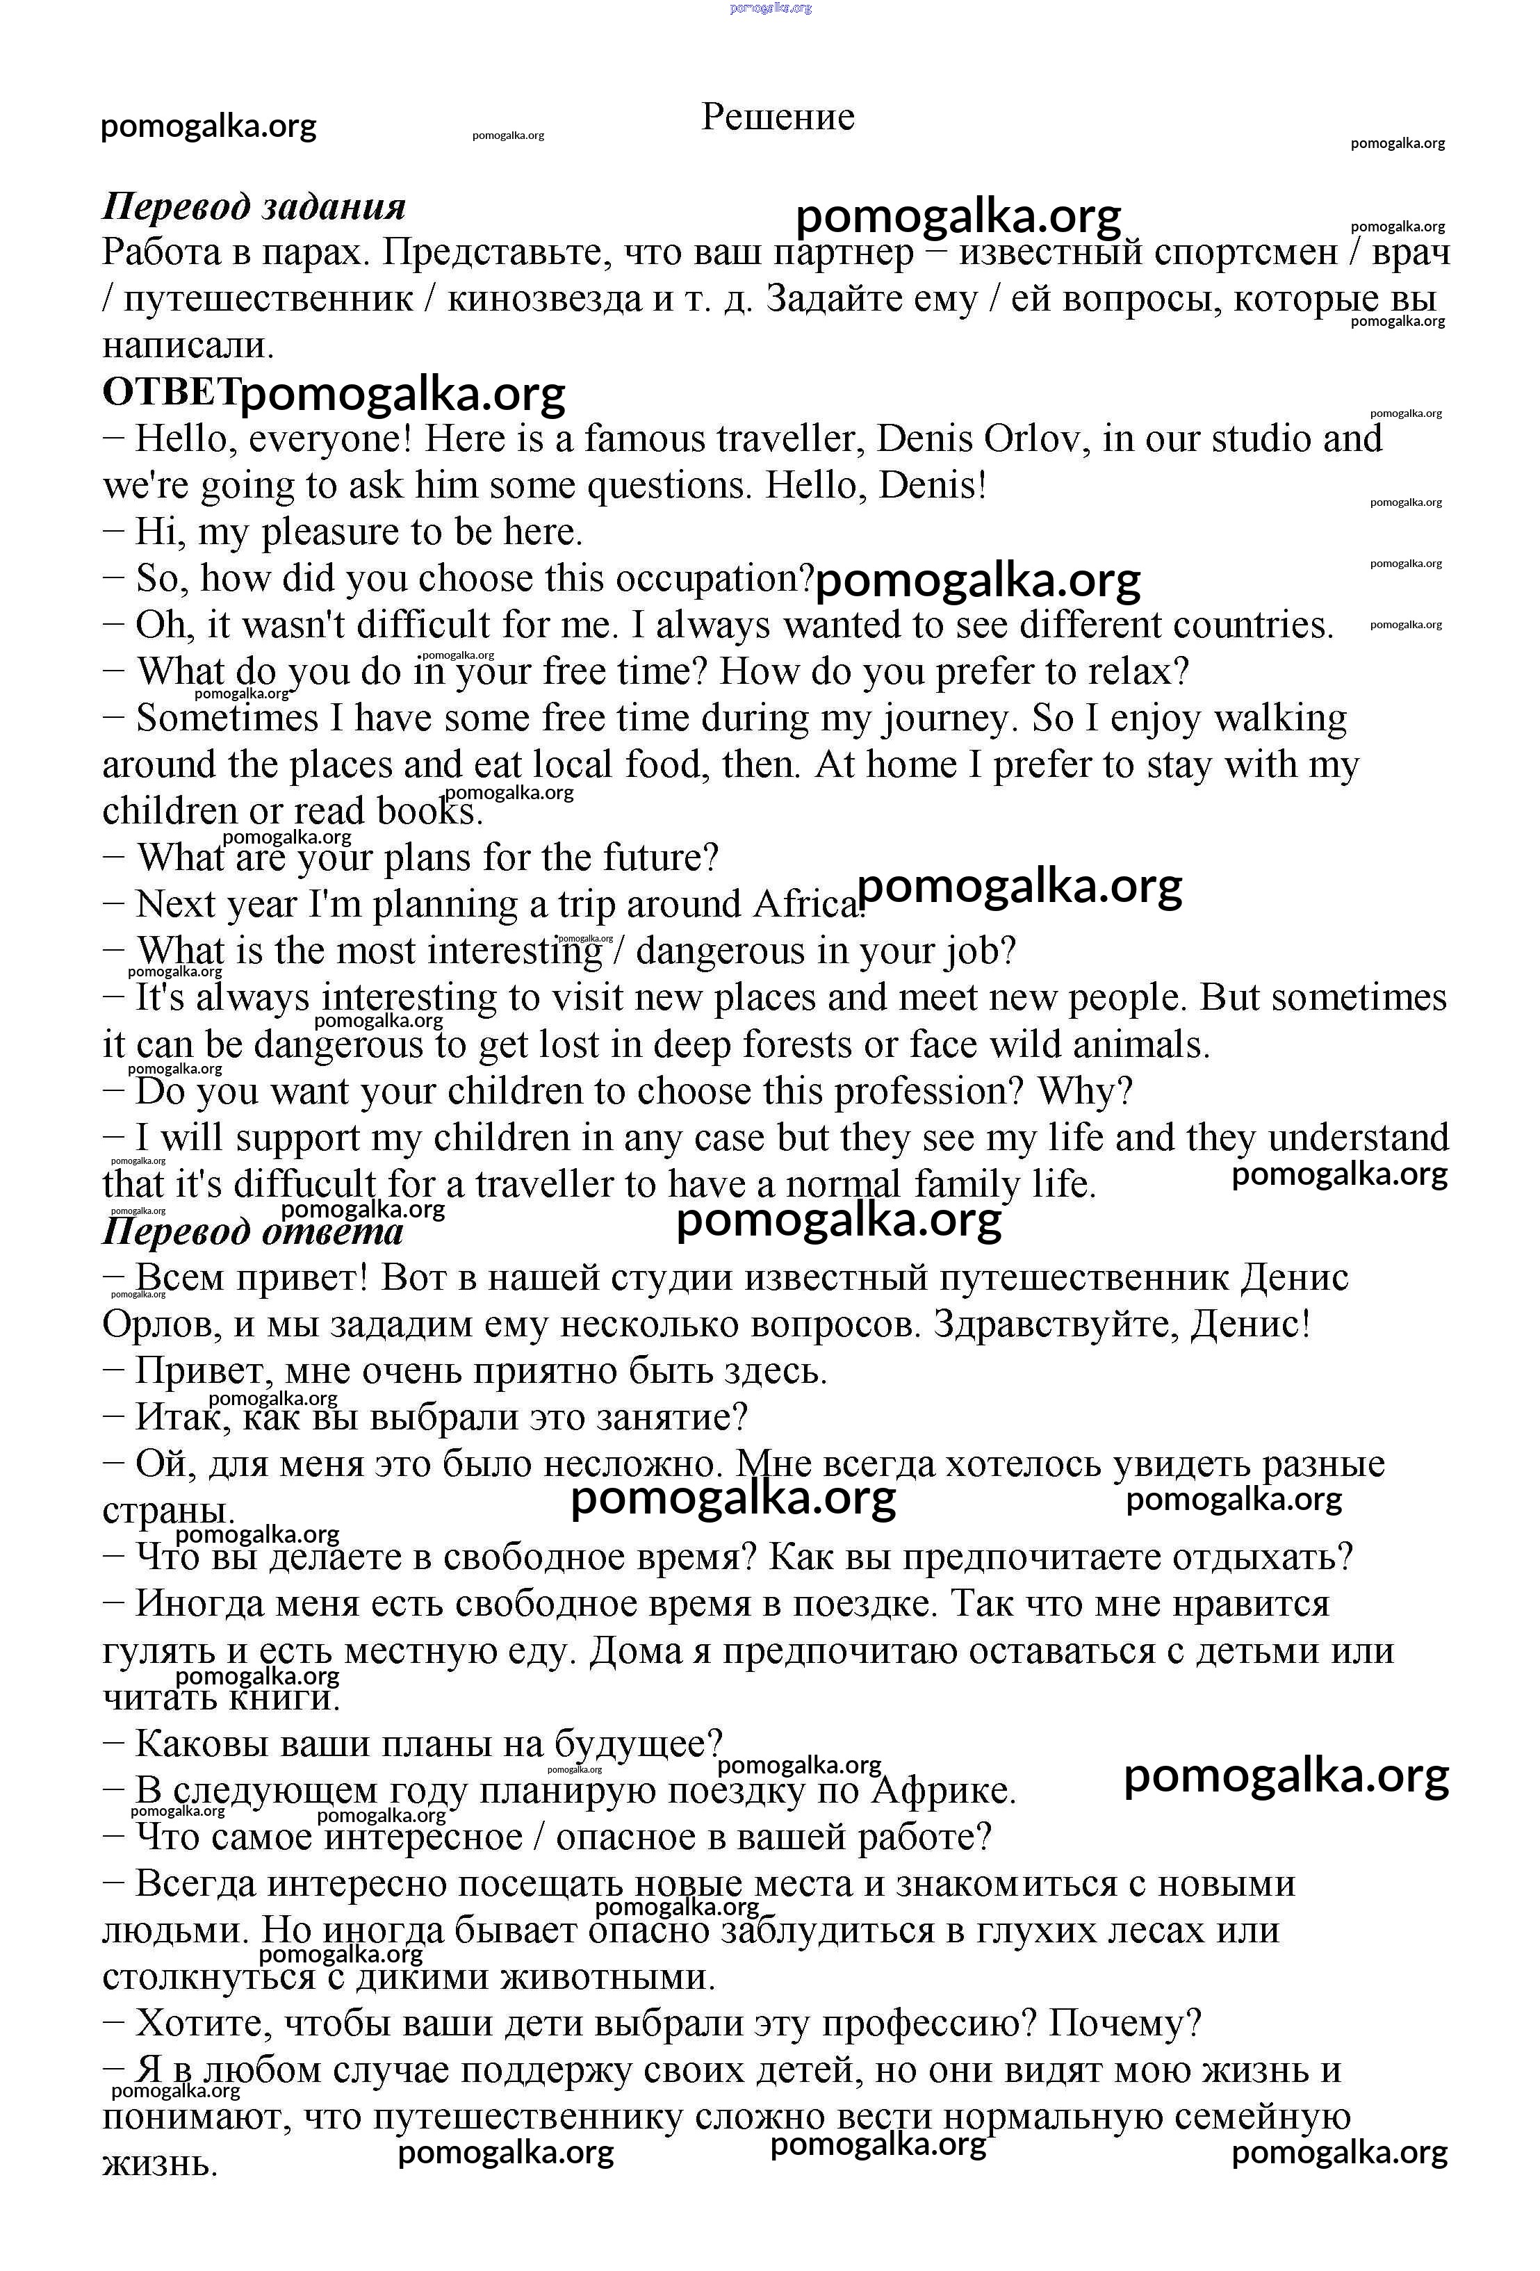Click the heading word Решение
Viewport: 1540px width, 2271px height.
pos(777,117)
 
